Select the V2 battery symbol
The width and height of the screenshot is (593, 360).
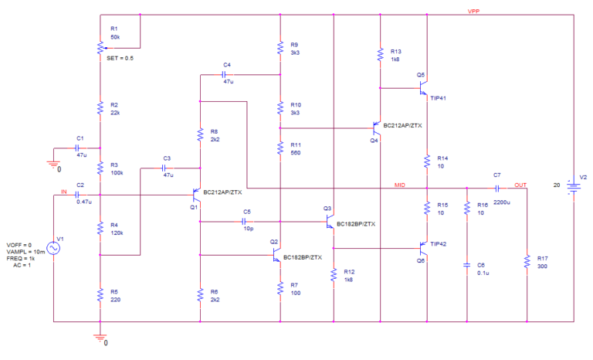pyautogui.click(x=573, y=185)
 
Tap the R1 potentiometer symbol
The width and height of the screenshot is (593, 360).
pyautogui.click(x=100, y=47)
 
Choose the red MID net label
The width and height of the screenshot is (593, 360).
pyautogui.click(x=399, y=185)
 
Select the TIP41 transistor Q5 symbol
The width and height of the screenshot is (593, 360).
pyautogui.click(x=423, y=89)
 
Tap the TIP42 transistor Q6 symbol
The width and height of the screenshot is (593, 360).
pyautogui.click(x=423, y=248)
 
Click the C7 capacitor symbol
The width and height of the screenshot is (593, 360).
pyautogui.click(x=497, y=188)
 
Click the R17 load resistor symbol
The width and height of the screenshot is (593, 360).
pyautogui.click(x=526, y=261)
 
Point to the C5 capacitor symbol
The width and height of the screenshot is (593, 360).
pyautogui.click(x=246, y=222)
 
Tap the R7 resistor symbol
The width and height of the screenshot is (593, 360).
pyautogui.click(x=280, y=288)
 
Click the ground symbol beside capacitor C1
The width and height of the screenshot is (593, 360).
pyautogui.click(x=53, y=161)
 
